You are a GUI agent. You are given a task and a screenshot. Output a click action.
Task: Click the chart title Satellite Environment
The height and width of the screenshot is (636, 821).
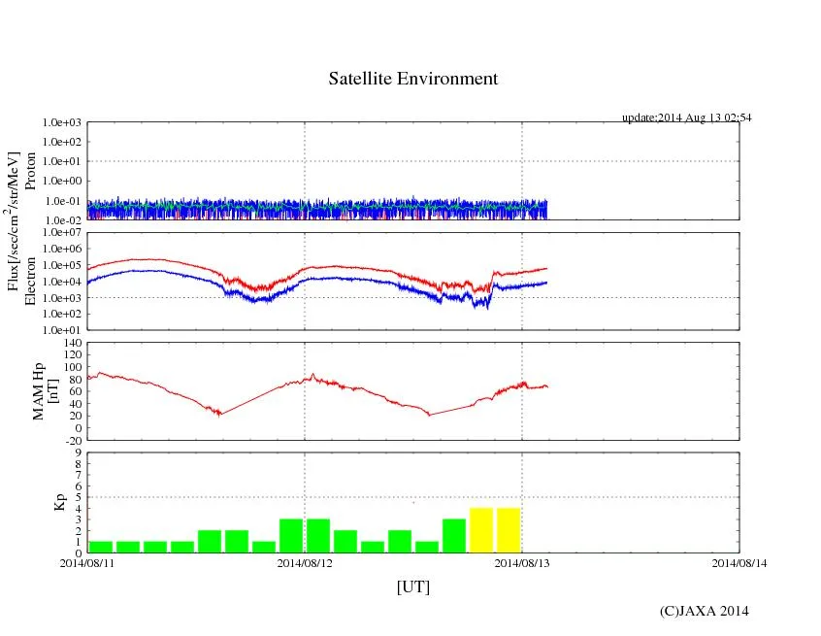412,79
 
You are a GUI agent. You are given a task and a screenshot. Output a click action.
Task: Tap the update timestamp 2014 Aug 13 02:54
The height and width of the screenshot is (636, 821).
686,117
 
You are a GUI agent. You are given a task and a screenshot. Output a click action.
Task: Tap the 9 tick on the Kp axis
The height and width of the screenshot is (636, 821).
78,452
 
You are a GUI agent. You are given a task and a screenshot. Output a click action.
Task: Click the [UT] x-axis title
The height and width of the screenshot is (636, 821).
412,586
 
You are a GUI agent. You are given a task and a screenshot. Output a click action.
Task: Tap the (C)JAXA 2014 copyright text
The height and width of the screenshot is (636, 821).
704,611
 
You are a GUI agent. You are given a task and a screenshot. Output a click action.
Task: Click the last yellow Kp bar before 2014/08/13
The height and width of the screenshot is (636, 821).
509,530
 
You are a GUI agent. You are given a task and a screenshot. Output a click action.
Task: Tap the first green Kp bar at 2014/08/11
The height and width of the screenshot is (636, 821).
101,547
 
